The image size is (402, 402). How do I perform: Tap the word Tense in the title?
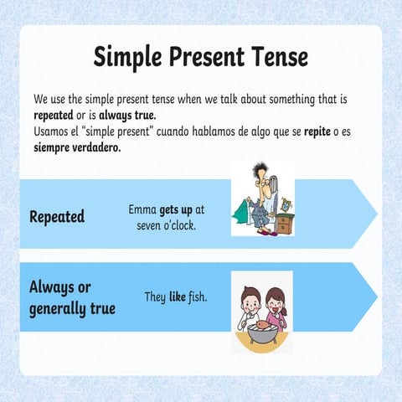point(280,56)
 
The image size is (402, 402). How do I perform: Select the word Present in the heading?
point(206,56)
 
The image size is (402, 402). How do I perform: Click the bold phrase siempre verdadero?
point(77,147)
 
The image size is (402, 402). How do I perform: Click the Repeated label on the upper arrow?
point(57,216)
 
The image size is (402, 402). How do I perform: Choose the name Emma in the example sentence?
point(143,209)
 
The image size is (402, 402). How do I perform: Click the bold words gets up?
point(178,209)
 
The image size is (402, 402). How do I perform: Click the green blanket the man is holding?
point(249,211)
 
